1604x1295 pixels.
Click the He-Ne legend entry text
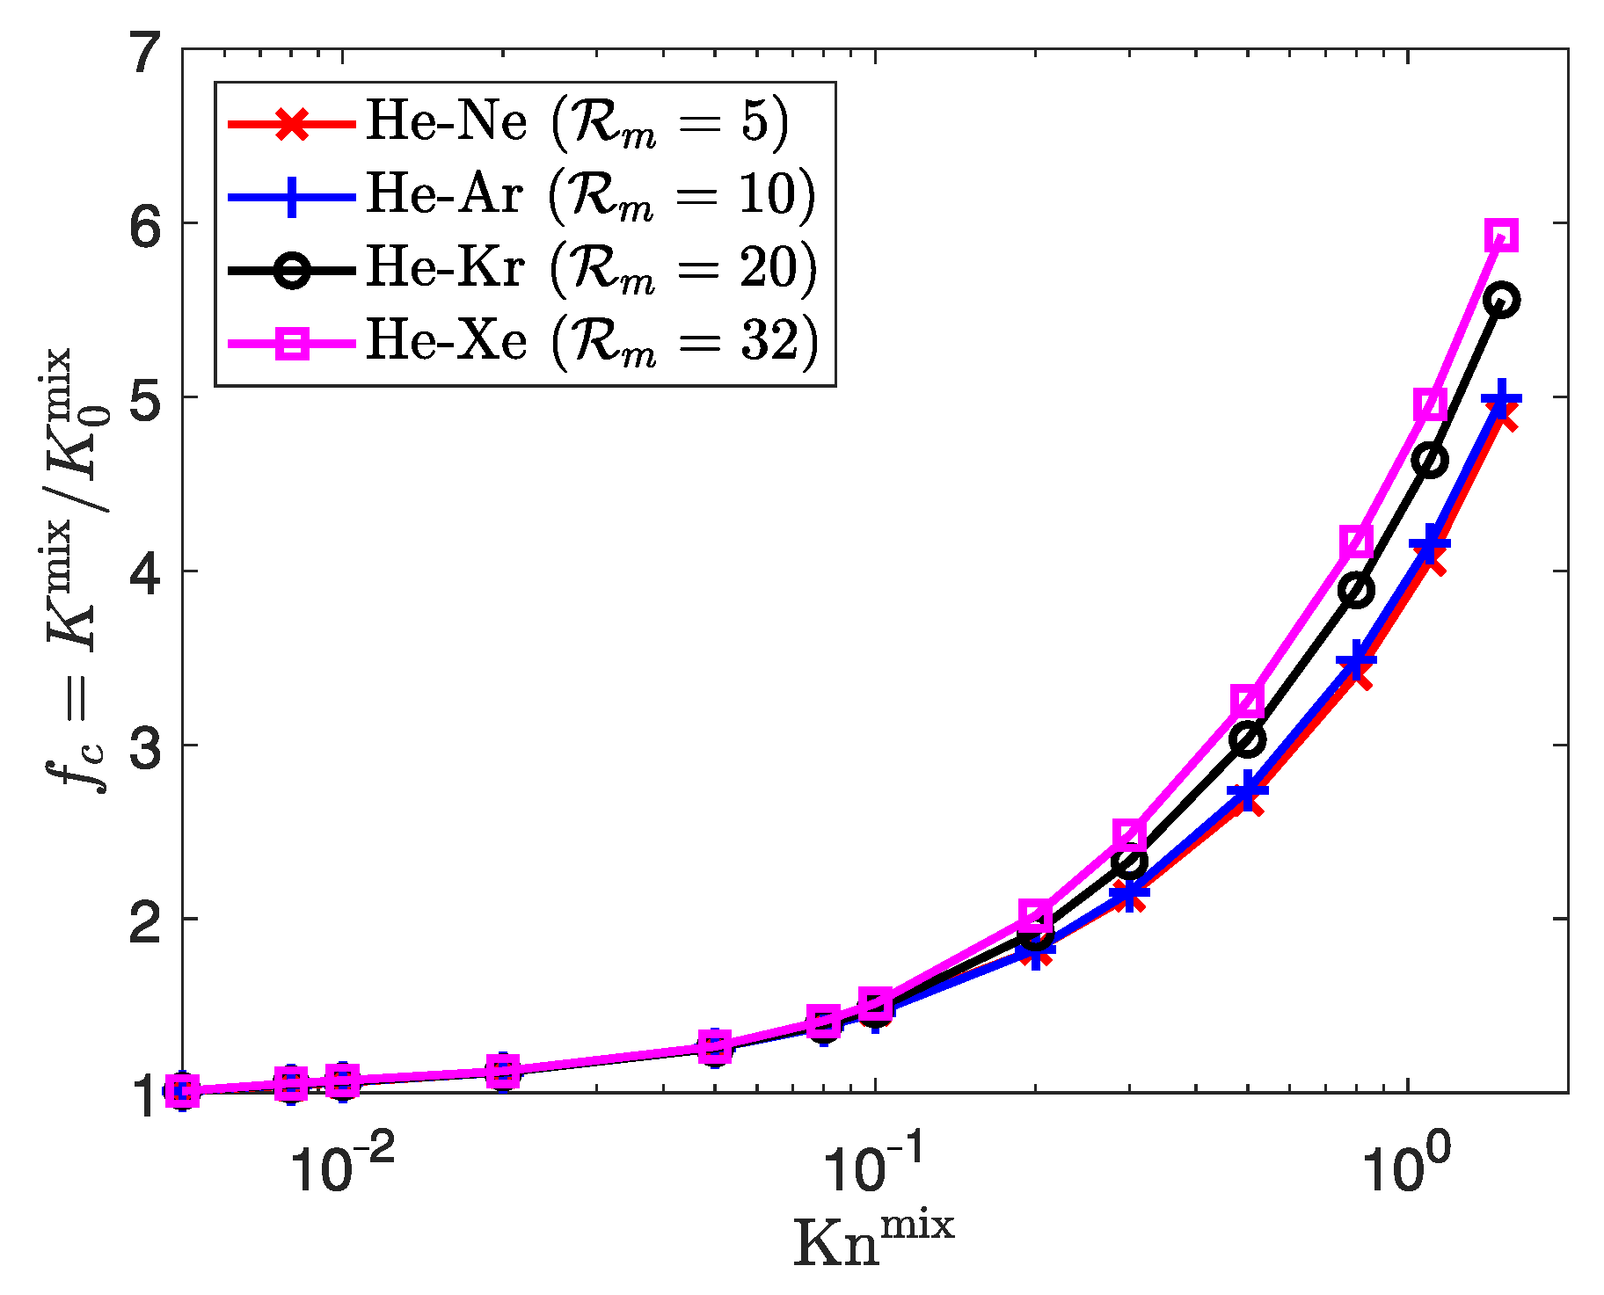point(577,122)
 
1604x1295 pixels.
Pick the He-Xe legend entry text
point(591,340)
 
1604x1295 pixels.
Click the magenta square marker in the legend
point(291,342)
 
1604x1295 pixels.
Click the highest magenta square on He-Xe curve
point(1502,236)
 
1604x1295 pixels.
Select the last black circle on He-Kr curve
point(1501,301)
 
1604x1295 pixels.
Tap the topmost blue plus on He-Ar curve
point(1501,400)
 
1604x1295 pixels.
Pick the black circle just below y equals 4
point(1357,590)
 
